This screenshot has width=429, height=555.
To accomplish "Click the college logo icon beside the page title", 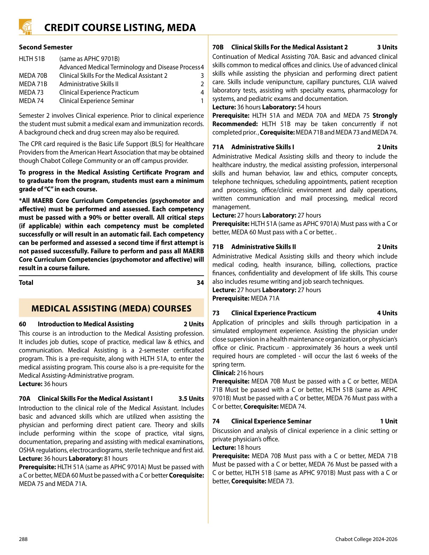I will (x=25, y=27).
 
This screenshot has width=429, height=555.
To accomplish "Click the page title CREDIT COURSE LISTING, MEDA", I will (x=120, y=28).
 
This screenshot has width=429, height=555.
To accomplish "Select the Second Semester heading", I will (x=46, y=47).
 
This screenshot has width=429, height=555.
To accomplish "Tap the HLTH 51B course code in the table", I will (x=32, y=59).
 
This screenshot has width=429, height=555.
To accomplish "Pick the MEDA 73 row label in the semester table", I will (x=31, y=92).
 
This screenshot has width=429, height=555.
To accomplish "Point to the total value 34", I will (x=200, y=283).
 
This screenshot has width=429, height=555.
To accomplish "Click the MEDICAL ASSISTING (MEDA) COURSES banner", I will (x=111, y=308).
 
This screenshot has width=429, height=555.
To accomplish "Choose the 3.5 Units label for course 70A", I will (x=191, y=399).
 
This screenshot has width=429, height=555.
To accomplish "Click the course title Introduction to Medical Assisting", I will (x=86, y=324).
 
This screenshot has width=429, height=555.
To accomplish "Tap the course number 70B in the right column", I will (x=218, y=47).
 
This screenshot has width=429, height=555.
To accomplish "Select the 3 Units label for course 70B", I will (x=387, y=47).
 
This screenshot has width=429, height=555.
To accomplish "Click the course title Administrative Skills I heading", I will (x=263, y=147).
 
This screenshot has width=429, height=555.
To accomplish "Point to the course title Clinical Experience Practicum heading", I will (x=273, y=313).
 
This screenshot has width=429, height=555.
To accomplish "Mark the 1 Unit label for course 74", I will (x=389, y=422).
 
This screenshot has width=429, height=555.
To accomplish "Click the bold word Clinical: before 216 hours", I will (x=224, y=373).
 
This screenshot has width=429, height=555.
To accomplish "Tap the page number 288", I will (x=23, y=539).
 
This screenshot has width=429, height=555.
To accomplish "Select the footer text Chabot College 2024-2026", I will (x=366, y=539).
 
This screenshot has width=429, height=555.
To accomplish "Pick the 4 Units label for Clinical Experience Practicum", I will (x=387, y=313).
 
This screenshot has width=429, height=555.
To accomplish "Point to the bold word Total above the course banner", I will (x=26, y=283).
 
